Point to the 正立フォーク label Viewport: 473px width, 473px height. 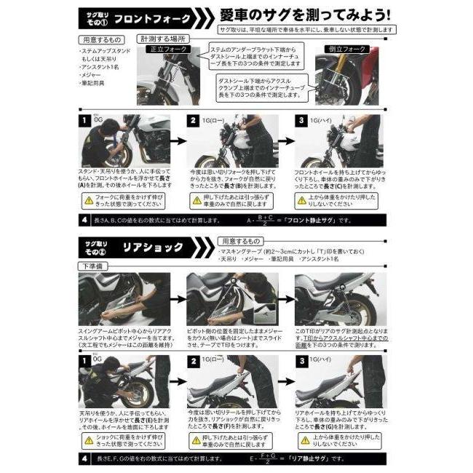pos(167,49)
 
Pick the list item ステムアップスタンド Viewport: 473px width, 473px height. pos(105,52)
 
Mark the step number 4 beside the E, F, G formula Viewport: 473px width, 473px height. pos(85,458)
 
